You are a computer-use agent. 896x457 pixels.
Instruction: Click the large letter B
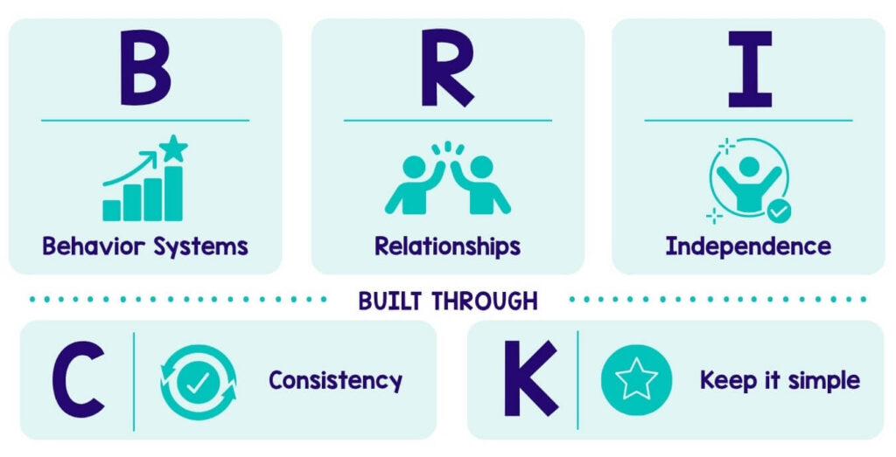coord(145,68)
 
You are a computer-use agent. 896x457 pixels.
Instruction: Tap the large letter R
coord(447,68)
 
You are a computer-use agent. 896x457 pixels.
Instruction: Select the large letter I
coord(750,69)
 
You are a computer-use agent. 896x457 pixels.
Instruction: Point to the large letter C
coord(79,379)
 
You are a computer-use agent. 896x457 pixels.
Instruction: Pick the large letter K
coord(530,378)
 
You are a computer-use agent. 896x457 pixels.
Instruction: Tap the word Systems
coord(200,247)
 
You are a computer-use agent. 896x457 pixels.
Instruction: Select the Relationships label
coord(447,247)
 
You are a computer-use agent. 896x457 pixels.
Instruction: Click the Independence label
coord(748,247)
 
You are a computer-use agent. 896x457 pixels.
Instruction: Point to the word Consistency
coord(335,381)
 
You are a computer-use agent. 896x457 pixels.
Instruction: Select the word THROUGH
coord(484,301)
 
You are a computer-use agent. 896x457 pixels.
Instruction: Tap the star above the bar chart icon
coord(173,148)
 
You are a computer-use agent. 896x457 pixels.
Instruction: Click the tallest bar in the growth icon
coord(173,193)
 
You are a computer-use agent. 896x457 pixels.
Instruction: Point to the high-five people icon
coord(447,177)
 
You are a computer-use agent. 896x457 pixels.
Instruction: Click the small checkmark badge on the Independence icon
coord(779,211)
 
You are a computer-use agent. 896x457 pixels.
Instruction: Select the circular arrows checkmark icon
coord(199,382)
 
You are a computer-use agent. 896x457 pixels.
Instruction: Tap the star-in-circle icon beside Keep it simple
coord(636,379)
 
